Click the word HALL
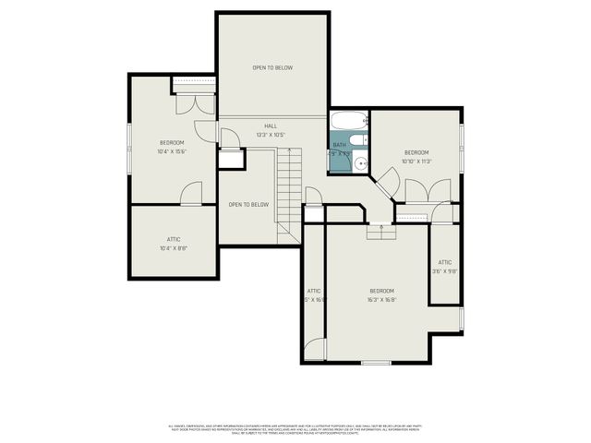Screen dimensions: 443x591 (x=271, y=126)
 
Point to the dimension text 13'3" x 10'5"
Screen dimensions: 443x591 (x=271, y=135)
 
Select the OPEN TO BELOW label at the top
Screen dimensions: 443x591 (x=272, y=67)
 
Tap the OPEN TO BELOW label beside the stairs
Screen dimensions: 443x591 (x=248, y=204)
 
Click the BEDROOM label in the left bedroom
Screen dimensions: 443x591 (x=172, y=142)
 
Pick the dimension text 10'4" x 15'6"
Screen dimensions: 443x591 (x=172, y=151)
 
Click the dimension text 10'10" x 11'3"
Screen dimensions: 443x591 (x=416, y=161)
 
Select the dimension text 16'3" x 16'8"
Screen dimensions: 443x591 (x=381, y=299)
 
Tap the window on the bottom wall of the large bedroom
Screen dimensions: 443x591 (x=375, y=363)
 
